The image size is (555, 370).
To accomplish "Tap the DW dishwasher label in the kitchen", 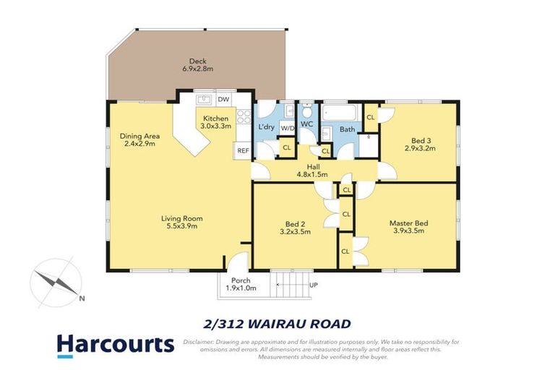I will click(x=223, y=99).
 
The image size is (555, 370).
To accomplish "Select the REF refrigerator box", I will click(x=242, y=150).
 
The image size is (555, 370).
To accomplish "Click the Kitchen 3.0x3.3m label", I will click(x=216, y=122).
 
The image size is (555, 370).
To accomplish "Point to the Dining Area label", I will click(x=140, y=139).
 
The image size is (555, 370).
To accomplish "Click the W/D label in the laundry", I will click(x=288, y=128).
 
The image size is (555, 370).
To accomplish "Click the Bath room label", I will click(x=348, y=129).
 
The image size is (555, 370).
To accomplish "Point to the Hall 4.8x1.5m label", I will click(x=313, y=170).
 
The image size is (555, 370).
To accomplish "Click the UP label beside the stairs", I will click(x=312, y=284).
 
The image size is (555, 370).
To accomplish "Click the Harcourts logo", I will click(x=116, y=345).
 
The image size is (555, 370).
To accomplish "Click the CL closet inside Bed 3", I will click(x=371, y=117).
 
